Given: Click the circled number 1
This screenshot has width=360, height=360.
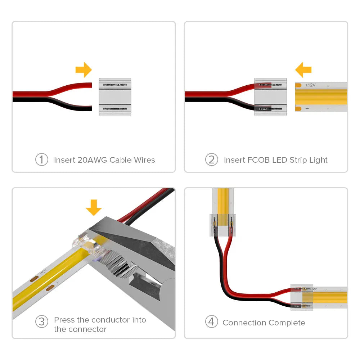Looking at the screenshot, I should [41, 160].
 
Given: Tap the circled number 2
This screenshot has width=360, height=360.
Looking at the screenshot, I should [211, 160].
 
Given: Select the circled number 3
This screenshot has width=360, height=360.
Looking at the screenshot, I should [41, 321].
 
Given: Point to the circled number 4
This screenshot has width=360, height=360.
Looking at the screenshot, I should [211, 321].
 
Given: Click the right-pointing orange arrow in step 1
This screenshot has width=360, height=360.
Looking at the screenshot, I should [84, 69].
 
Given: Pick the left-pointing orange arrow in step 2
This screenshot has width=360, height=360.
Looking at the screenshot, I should [303, 69].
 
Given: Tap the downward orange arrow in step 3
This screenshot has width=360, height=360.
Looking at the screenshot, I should [94, 207].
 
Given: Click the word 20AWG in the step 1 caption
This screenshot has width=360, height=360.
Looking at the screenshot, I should [93, 160].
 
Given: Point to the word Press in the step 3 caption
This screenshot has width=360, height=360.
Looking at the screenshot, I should [64, 320].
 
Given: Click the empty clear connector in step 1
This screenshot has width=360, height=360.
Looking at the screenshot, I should [115, 97].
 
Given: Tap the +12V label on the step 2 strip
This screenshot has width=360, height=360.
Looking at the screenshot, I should [310, 85].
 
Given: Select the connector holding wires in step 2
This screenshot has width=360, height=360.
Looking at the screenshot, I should [270, 97].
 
